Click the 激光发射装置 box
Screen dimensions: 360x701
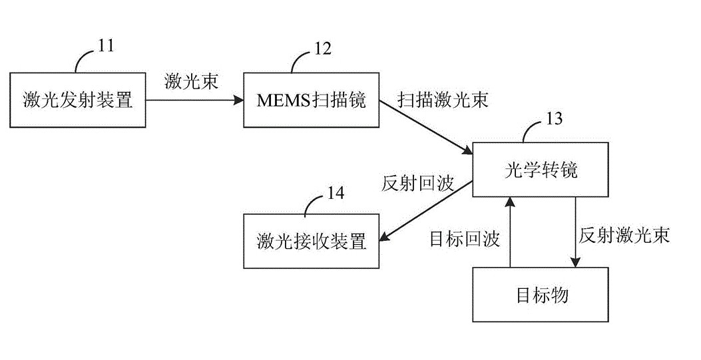(78, 100)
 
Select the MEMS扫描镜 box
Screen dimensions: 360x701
(312, 100)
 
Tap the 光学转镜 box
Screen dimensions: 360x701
(540, 170)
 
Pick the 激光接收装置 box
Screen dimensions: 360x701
(312, 241)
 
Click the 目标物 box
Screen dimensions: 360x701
(540, 294)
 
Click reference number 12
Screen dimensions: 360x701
(322, 48)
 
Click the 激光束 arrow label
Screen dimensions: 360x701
(191, 83)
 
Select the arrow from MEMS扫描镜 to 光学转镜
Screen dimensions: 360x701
(426, 126)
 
